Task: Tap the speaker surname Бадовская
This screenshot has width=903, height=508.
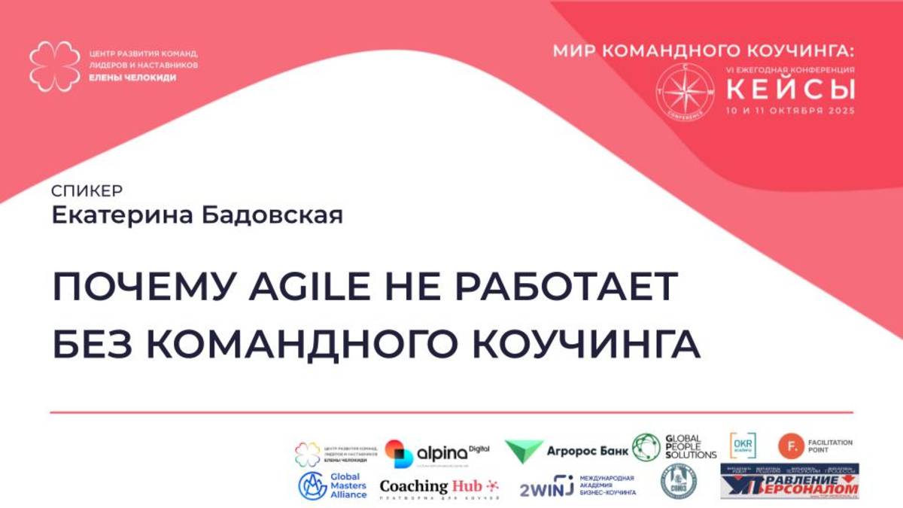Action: pyautogui.click(x=269, y=215)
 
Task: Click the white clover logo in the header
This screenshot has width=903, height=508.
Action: pyautogui.click(x=54, y=66)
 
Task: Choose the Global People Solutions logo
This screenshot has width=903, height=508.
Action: pyautogui.click(x=674, y=447)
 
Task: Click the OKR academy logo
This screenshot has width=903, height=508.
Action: pyautogui.click(x=743, y=446)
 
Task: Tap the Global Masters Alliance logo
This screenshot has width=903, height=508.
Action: pyautogui.click(x=333, y=486)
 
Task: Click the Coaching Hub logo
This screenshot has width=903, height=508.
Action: pyautogui.click(x=439, y=487)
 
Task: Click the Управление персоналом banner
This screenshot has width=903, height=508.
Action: pyautogui.click(x=789, y=482)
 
